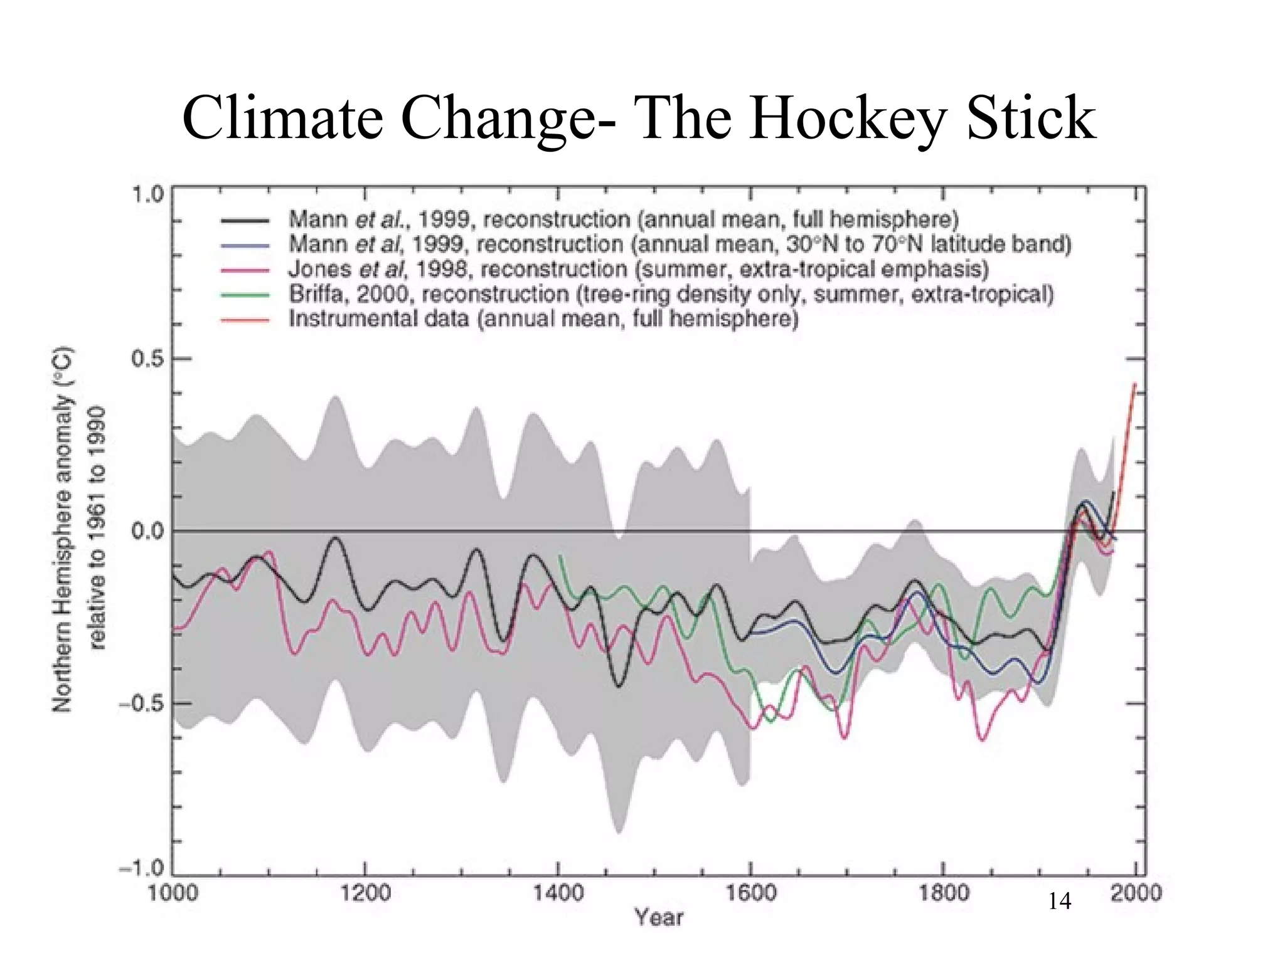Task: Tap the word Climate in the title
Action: [282, 118]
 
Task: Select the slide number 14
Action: [1059, 902]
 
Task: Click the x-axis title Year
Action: [658, 917]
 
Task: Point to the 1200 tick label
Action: [365, 893]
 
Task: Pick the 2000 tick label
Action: [1136, 893]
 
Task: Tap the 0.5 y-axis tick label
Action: [147, 359]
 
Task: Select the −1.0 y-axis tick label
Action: [141, 870]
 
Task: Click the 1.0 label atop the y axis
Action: [147, 194]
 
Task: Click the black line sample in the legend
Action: [245, 221]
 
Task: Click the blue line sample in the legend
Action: [245, 246]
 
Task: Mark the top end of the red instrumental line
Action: [1134, 384]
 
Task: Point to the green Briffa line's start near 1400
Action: [560, 556]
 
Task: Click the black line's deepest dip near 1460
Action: [618, 687]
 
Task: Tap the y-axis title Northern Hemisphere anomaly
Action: [63, 530]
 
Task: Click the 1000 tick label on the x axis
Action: [173, 893]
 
